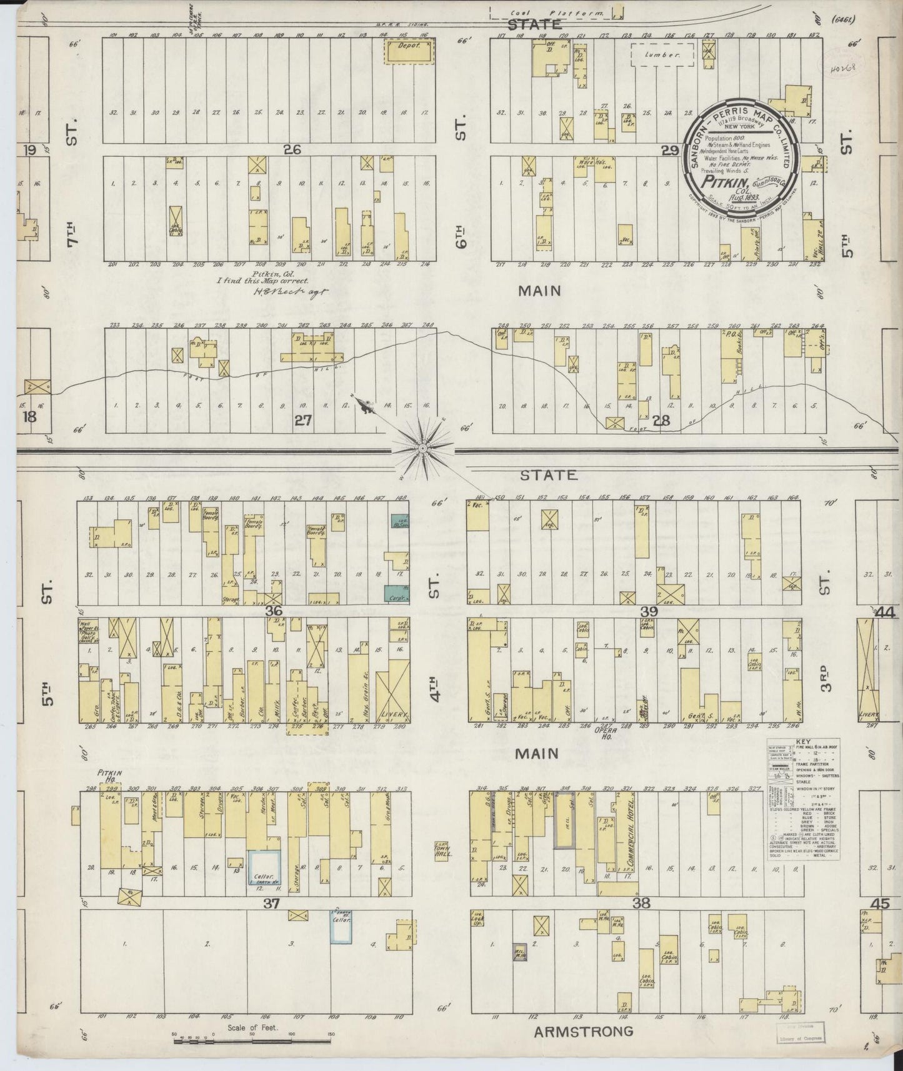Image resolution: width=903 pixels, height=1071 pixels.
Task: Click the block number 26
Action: click(x=292, y=149)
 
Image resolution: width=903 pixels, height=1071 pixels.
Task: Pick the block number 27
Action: click(x=303, y=421)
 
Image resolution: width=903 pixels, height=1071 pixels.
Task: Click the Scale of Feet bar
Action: click(x=252, y=1037)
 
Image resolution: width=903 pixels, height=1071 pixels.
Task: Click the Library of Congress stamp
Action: click(x=802, y=1034)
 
